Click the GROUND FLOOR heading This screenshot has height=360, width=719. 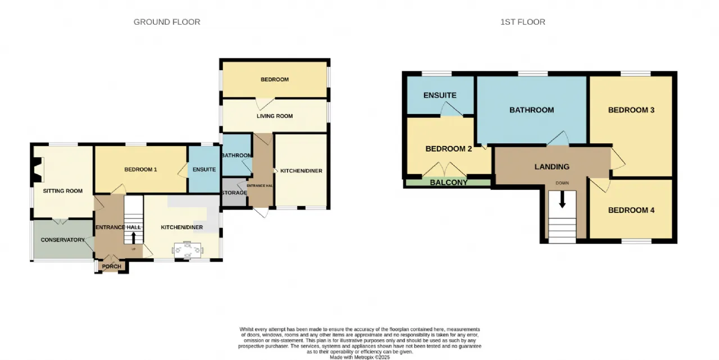tap(167, 22)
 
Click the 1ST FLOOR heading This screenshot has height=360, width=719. tap(522, 22)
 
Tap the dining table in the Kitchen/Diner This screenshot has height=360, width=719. tap(188, 250)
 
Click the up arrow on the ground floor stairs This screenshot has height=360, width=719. tap(133, 238)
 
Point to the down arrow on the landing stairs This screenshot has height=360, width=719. tap(562, 200)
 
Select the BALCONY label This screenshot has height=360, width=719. tap(448, 183)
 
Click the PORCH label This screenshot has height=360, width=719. tap(111, 267)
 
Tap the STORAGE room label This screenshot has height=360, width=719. tap(234, 193)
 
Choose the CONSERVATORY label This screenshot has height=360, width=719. tap(62, 240)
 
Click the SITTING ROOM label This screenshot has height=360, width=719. tap(62, 191)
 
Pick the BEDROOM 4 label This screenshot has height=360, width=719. tap(631, 210)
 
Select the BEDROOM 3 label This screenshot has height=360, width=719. tap(631, 110)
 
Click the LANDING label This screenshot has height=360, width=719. tap(552, 167)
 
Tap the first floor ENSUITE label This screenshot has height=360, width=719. tap(440, 95)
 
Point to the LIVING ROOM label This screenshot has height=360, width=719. tap(275, 116)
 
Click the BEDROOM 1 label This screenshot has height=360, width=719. tap(140, 170)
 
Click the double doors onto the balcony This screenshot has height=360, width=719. tap(444, 170)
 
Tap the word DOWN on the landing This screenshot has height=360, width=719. tap(562, 183)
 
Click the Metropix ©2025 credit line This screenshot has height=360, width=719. tap(359, 357)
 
